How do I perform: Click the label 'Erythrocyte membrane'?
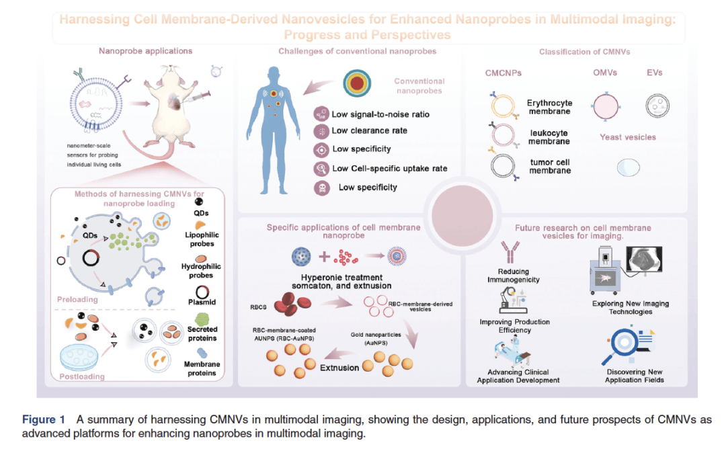[x=549, y=107]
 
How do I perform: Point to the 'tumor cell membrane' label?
[x=549, y=166]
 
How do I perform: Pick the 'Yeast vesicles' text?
[x=627, y=137]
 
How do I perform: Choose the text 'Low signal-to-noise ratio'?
[x=380, y=114]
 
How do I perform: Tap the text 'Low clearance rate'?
[x=370, y=131]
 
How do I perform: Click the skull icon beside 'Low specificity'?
[x=322, y=187]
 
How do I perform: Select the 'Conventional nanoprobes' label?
[x=419, y=86]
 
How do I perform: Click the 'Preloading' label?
[x=77, y=299]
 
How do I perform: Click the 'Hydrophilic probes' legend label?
[x=201, y=271]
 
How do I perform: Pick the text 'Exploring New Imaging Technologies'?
[x=631, y=308]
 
